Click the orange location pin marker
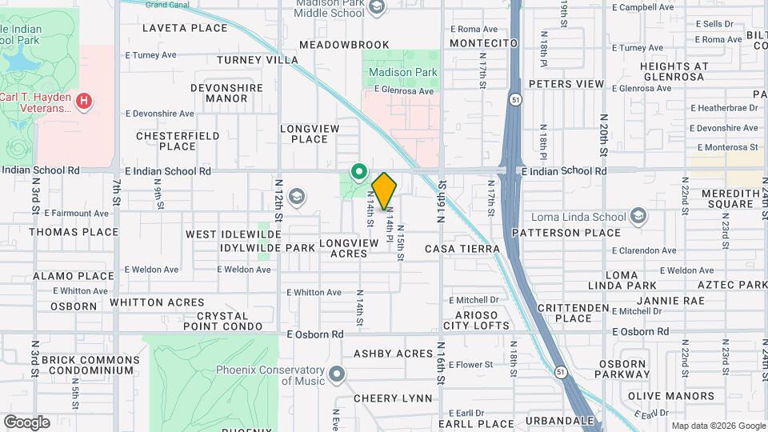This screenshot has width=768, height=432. point(385,191)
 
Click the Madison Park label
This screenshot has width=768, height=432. point(402,72)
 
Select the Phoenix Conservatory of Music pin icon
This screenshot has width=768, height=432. point(337,374)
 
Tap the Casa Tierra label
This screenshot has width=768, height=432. point(462,249)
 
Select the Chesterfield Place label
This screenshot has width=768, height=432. point(178,141)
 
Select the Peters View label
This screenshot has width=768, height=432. point(566,84)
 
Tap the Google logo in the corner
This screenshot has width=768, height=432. point(26,422)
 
